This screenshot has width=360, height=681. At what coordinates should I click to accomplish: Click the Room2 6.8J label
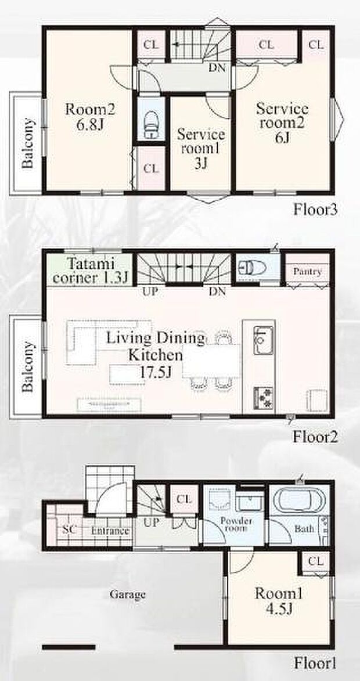click(90, 117)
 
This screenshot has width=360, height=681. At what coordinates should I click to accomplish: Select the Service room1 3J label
click(200, 149)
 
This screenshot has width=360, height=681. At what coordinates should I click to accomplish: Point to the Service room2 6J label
click(282, 122)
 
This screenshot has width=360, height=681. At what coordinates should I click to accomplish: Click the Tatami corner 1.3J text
click(90, 271)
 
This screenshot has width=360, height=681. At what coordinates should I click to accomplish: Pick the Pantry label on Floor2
click(307, 272)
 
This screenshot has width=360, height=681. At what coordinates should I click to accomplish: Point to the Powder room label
click(233, 524)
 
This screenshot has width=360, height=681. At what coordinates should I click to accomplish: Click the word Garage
click(128, 594)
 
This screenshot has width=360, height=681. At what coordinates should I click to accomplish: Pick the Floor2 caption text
click(314, 436)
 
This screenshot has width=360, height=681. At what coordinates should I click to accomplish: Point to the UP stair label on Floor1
click(151, 522)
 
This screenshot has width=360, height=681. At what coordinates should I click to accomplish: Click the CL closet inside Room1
click(316, 561)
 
